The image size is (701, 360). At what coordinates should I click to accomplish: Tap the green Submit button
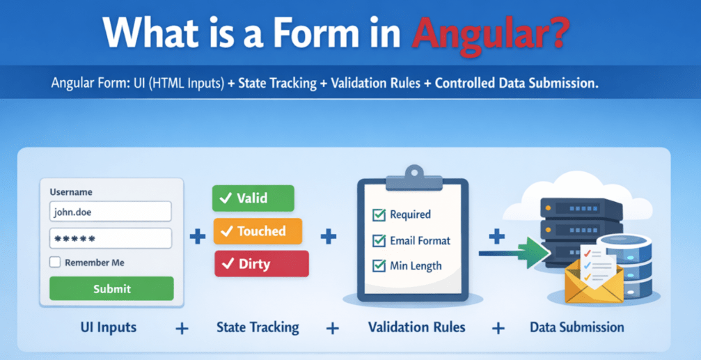point(111,288)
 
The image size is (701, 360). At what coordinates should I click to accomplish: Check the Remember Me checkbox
point(55,263)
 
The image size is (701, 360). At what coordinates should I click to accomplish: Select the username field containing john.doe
point(111,212)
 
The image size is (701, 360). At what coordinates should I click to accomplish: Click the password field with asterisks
point(111,239)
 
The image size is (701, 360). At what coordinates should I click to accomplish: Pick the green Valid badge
point(253,198)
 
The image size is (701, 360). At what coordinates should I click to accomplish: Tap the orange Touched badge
point(257,231)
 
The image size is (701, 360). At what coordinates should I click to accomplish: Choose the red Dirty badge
point(261,264)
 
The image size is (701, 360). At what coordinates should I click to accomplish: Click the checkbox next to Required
point(379,214)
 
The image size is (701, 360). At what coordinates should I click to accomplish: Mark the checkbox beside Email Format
point(379,241)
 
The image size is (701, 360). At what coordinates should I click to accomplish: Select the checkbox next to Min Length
point(379,265)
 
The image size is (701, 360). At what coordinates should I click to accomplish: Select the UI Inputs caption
point(107,327)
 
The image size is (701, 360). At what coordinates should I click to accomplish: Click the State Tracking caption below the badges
point(257,327)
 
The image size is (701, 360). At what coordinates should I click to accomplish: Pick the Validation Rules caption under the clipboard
point(416,327)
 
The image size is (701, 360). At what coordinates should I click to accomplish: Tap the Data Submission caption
point(576,327)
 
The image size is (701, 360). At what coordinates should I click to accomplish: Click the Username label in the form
point(71,191)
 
